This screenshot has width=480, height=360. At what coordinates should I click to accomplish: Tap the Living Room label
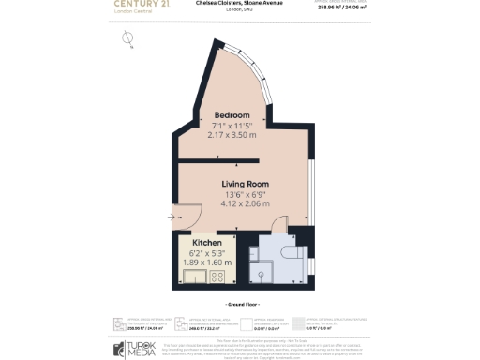[x=246, y=184]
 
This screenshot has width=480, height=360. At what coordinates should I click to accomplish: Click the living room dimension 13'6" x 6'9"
[x=246, y=194]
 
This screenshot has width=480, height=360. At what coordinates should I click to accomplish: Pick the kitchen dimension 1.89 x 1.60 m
[x=206, y=263]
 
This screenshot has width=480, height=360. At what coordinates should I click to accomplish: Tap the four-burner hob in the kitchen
[x=218, y=277]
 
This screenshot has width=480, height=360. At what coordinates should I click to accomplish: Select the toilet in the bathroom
[x=293, y=253]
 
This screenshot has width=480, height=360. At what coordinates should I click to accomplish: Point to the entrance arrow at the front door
[x=172, y=217]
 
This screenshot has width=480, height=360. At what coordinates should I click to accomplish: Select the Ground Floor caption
[x=240, y=306]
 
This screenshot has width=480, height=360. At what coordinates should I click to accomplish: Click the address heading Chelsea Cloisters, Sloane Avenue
[x=240, y=3]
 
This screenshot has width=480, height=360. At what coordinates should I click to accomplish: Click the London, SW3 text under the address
[x=240, y=10]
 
